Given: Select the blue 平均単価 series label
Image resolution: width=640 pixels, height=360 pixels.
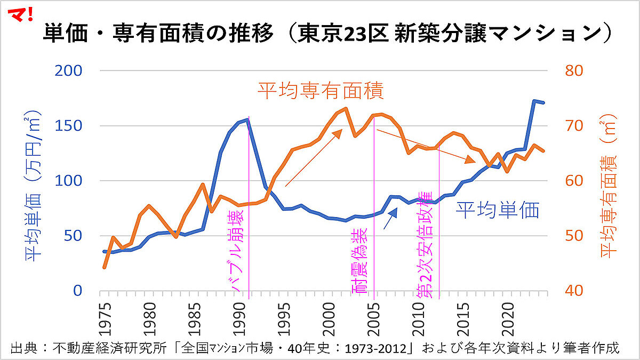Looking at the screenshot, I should (x=497, y=210).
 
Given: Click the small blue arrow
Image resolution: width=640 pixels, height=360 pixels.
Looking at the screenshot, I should (x=391, y=218).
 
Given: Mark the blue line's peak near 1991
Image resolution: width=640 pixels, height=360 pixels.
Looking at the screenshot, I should (x=248, y=119).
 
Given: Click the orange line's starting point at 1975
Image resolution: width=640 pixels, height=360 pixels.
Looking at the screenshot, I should (x=104, y=267).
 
